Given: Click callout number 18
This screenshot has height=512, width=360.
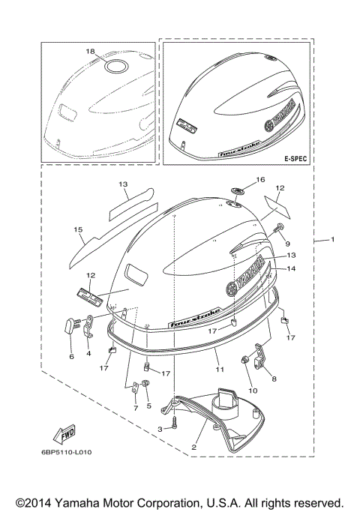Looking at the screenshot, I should click(x=91, y=51).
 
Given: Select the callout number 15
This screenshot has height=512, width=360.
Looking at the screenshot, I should click(x=77, y=229).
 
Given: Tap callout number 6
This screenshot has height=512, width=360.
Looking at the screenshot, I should click(x=72, y=357).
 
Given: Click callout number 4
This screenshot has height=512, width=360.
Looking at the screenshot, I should click(x=89, y=353).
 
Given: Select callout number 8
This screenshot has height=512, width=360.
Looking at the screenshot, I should click(x=274, y=379).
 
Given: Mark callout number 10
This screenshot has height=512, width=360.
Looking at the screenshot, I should click(x=253, y=390).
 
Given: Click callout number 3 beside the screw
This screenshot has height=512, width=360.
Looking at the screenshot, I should click(x=159, y=428).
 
